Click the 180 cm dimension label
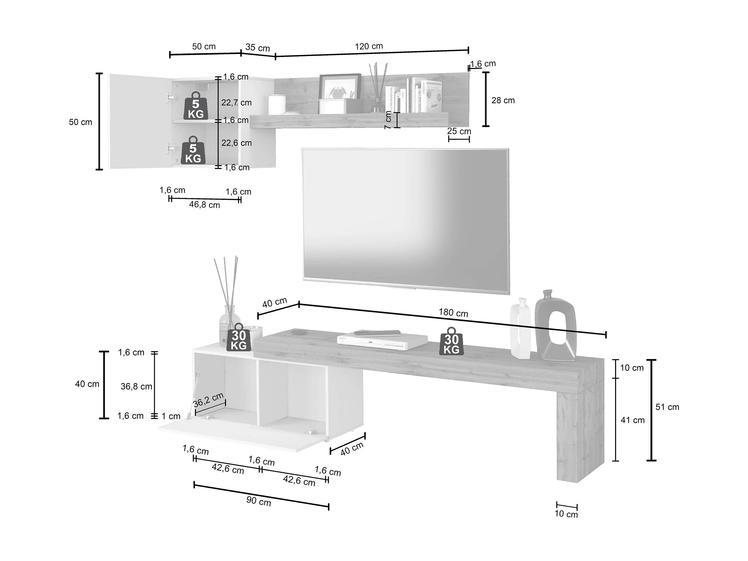pos(453,313)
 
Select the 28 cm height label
pos(503,100)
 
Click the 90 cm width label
pos(259,501)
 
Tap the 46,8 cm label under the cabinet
pos(204,205)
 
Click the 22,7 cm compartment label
pos(236,103)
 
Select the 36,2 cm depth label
pos(209,400)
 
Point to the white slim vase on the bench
pos(520,328)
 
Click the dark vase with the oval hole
pos(555,326)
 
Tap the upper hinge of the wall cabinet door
pos(172,98)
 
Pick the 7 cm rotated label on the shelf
pos(388,120)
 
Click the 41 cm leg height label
pos(632,420)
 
